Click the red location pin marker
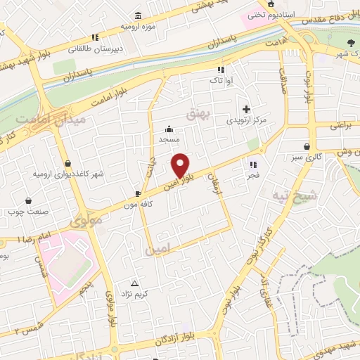[x=181, y=165]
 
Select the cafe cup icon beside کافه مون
[x=139, y=193]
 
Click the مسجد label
[x=169, y=139]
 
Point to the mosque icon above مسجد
[x=169, y=129]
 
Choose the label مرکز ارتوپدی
[x=247, y=120]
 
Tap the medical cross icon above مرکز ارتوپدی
[x=246, y=109]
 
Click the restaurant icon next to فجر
[x=251, y=165]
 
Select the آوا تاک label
[x=221, y=81]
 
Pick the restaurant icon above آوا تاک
[x=221, y=70]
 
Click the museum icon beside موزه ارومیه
[x=136, y=16]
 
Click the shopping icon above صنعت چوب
[x=29, y=200]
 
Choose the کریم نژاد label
[x=136, y=292]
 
